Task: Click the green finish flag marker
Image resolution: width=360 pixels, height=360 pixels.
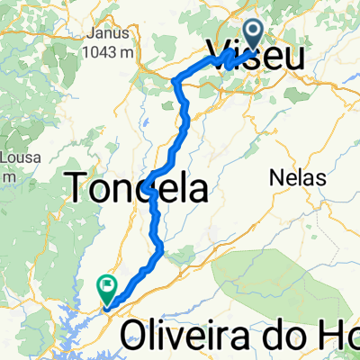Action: point(107,288)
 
